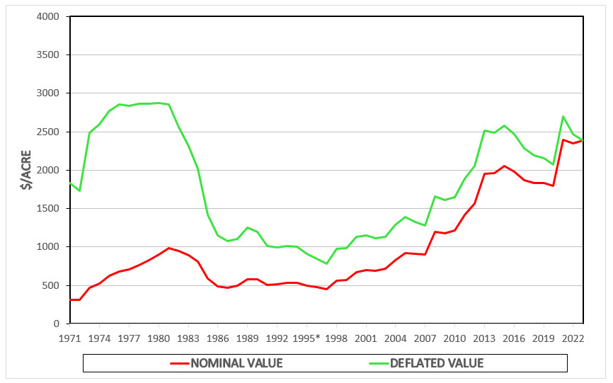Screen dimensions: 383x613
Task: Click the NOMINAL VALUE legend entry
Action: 227,363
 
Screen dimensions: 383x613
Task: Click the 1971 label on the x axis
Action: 69,337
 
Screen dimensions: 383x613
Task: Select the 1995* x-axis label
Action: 307,337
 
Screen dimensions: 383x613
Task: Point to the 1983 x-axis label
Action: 188,337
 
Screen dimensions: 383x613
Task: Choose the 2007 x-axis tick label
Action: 425,337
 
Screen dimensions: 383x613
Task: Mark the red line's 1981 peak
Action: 168,248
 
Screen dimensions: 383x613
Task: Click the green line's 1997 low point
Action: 326,263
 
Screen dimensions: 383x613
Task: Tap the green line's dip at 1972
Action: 79,190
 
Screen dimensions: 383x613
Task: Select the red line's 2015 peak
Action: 504,166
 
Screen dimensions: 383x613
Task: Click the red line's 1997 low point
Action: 326,289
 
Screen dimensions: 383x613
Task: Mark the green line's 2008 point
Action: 435,196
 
